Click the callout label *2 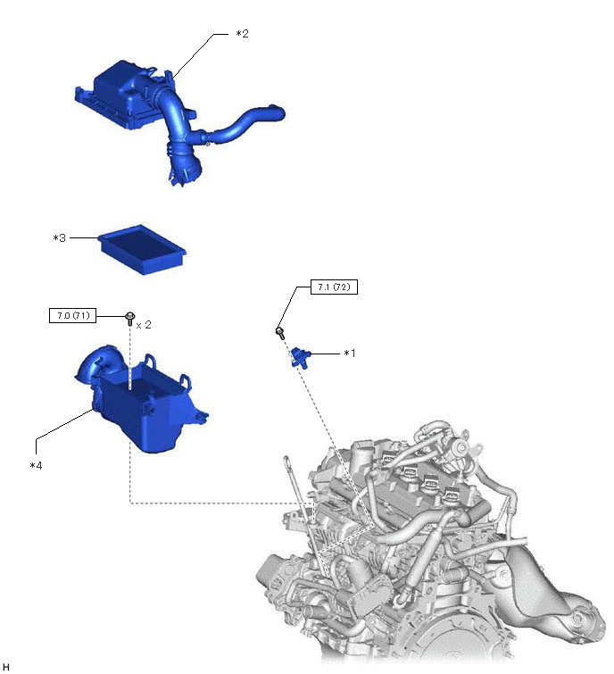pyautogui.click(x=243, y=34)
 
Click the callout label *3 pyautogui.click(x=59, y=237)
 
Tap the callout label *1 pyautogui.click(x=350, y=354)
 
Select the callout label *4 pyautogui.click(x=36, y=465)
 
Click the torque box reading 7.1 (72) pyautogui.click(x=334, y=287)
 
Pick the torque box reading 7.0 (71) pyautogui.click(x=72, y=316)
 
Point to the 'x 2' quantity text pyautogui.click(x=144, y=325)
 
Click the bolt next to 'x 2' pyautogui.click(x=129, y=319)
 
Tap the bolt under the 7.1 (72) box pyautogui.click(x=279, y=333)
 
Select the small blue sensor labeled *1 pyautogui.click(x=299, y=357)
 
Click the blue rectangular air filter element pyautogui.click(x=142, y=249)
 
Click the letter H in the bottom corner pyautogui.click(x=5, y=667)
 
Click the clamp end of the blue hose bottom pyautogui.click(x=186, y=173)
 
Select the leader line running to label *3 pyautogui.click(x=83, y=237)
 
